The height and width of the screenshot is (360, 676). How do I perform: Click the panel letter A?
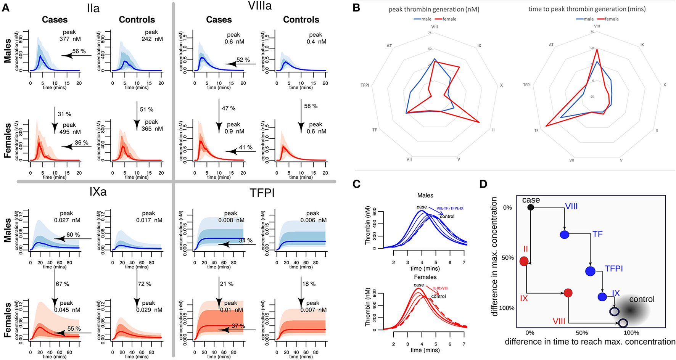click(x=6, y=7)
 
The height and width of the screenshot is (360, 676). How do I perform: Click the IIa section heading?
click(x=93, y=8)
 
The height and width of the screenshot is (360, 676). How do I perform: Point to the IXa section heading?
click(x=98, y=191)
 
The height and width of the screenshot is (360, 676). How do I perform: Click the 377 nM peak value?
click(x=70, y=39)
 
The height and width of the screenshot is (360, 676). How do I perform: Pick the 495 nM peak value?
click(x=70, y=132)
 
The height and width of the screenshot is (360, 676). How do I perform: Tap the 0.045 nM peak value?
click(x=67, y=310)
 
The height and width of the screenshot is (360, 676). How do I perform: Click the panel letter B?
click(x=356, y=7)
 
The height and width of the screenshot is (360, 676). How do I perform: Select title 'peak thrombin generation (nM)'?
click(x=434, y=9)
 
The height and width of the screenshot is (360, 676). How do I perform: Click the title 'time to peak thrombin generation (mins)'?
click(x=587, y=9)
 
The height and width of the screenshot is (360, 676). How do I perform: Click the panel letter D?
click(x=483, y=184)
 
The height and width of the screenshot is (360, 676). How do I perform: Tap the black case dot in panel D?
click(x=530, y=207)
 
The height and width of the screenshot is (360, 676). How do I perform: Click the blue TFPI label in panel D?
click(x=614, y=269)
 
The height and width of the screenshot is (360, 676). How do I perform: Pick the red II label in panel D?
click(x=526, y=249)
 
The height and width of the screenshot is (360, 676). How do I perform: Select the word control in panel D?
click(x=642, y=299)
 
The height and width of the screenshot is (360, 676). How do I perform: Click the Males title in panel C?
click(x=425, y=195)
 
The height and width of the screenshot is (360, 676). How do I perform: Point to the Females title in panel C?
click(x=425, y=277)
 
